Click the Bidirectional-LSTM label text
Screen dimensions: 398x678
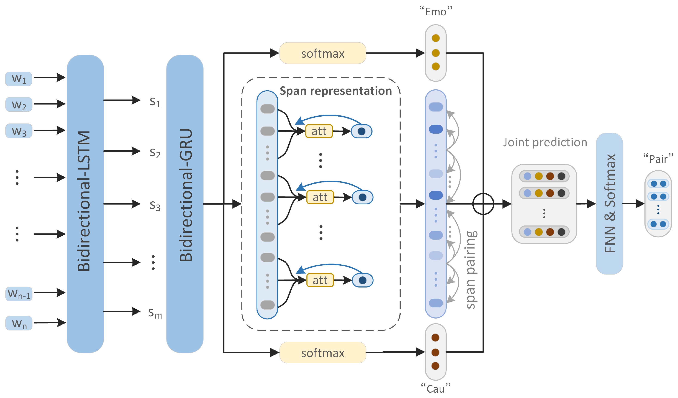pyautogui.click(x=84, y=201)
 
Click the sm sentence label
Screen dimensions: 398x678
pyautogui.click(x=155, y=313)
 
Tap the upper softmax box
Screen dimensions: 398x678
pyautogui.click(x=323, y=53)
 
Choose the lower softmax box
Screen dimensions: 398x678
pyautogui.click(x=323, y=353)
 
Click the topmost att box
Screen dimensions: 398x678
pyautogui.click(x=319, y=131)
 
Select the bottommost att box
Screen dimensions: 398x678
pyautogui.click(x=320, y=280)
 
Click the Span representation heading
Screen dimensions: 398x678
pyautogui.click(x=335, y=91)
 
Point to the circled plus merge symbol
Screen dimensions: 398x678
pyautogui.click(x=483, y=204)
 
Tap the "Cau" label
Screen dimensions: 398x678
pyautogui.click(x=435, y=389)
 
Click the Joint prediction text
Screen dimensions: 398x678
pyautogui.click(x=545, y=142)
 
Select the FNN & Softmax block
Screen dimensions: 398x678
pyautogui.click(x=609, y=204)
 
